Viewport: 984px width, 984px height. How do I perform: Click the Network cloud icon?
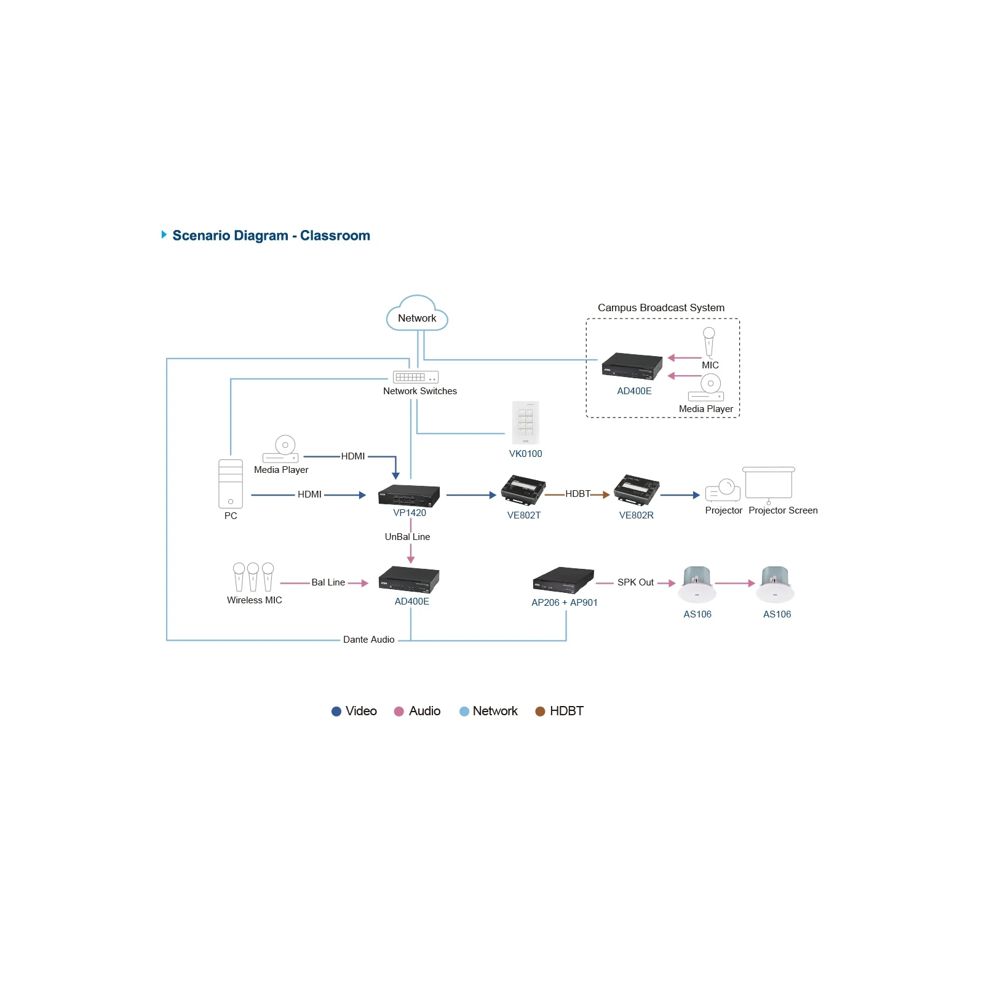[x=417, y=314]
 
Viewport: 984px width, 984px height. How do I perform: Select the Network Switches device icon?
[x=416, y=377]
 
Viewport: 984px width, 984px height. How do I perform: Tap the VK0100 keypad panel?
[x=526, y=423]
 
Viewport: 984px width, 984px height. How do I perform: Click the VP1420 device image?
[x=409, y=496]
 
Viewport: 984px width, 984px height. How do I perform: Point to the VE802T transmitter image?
[x=523, y=491]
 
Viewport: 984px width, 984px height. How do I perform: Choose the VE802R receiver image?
[x=637, y=491]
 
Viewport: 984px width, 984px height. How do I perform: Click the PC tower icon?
[x=231, y=484]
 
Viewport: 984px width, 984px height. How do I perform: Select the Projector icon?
[x=723, y=490]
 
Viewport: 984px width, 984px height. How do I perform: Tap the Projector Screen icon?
[x=769, y=485]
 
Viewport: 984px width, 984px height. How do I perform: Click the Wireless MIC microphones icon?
[x=253, y=577]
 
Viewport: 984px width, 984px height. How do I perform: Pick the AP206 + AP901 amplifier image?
[x=563, y=579]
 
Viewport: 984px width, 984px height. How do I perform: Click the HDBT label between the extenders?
[x=577, y=494]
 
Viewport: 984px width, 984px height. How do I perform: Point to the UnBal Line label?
[x=407, y=537]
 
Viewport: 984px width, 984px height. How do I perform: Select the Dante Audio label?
[x=369, y=640]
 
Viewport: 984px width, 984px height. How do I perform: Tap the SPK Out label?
[x=635, y=582]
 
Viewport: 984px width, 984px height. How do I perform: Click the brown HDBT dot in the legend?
[x=540, y=712]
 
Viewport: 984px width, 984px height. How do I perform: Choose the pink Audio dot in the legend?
[x=399, y=712]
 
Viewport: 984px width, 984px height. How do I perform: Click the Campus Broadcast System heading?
[x=661, y=307]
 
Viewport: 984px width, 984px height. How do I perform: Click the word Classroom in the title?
[x=335, y=236]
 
